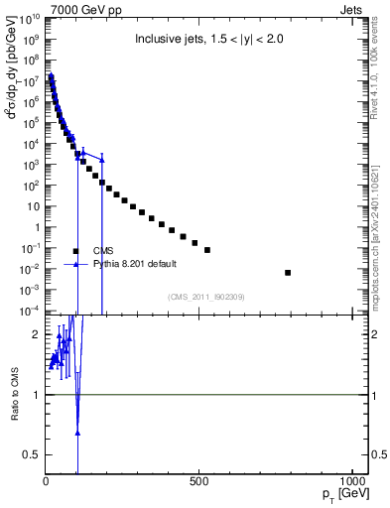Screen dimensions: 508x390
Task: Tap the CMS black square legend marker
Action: [x=75, y=251]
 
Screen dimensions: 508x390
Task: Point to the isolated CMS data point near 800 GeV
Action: [x=288, y=272]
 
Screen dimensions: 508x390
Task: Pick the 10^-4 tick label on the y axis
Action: [x=30, y=312]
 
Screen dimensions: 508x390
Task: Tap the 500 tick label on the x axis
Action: [x=199, y=483]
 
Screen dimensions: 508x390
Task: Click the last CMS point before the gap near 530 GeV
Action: [x=207, y=250]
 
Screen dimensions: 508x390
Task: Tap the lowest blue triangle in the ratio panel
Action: [x=77, y=433]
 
